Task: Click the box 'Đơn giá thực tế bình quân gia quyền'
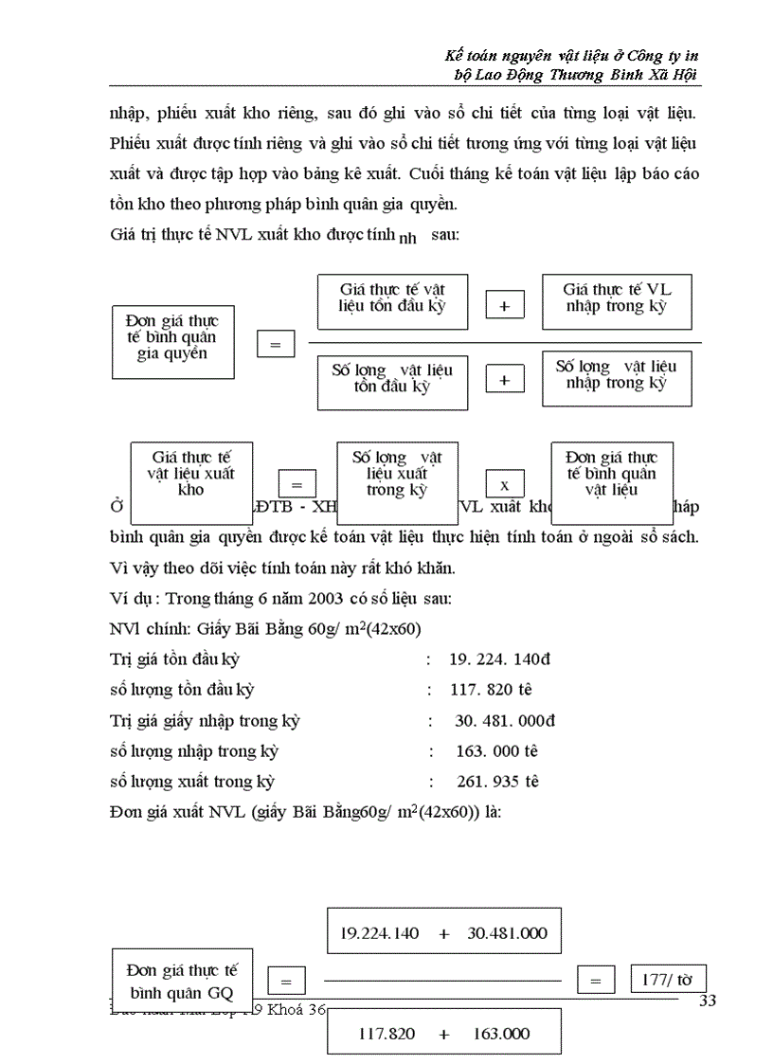click(x=171, y=338)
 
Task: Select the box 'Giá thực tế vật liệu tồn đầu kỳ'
click(x=392, y=297)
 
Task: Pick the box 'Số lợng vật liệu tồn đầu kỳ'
click(x=392, y=379)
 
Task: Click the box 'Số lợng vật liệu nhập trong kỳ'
click(x=616, y=375)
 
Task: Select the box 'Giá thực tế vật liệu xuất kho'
click(x=190, y=474)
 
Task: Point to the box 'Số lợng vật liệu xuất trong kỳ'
click(x=397, y=474)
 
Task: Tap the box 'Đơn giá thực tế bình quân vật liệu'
click(x=611, y=474)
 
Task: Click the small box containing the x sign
click(x=504, y=483)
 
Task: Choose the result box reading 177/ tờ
click(x=667, y=980)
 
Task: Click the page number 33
click(x=707, y=1002)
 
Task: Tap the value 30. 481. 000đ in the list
click(x=505, y=721)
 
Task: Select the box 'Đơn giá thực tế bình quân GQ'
click(x=182, y=981)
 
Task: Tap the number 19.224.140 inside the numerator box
click(x=379, y=932)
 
